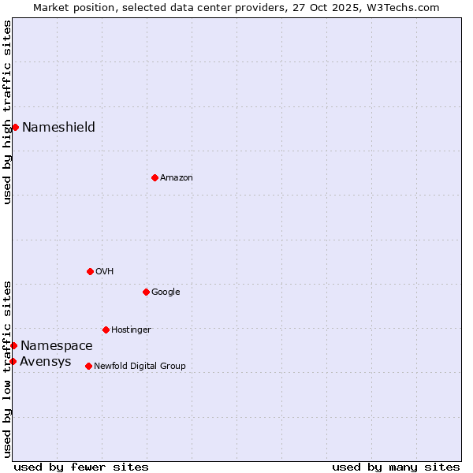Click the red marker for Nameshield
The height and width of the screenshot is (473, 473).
click(15, 127)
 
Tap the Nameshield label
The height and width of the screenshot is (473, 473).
click(58, 128)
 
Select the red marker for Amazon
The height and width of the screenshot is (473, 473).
click(155, 177)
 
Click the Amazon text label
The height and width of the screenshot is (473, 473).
click(176, 178)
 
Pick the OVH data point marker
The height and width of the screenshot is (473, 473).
click(90, 271)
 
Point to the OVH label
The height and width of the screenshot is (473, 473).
click(104, 272)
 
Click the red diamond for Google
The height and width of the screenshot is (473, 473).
click(146, 292)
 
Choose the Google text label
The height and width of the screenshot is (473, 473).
click(166, 292)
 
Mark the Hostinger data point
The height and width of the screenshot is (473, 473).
click(106, 330)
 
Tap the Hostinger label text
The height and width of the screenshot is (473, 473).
click(131, 330)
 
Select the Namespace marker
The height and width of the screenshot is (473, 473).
click(13, 345)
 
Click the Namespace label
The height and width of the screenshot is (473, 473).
click(56, 346)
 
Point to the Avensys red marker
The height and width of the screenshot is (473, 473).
click(13, 361)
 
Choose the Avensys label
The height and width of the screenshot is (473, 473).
click(45, 363)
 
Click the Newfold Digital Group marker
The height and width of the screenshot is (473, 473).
click(88, 366)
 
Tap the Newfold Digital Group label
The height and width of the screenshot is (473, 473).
click(140, 367)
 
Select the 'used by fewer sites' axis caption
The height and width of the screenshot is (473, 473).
click(81, 467)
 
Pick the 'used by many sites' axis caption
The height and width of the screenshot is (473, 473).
click(396, 467)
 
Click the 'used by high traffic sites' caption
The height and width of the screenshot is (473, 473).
click(8, 112)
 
